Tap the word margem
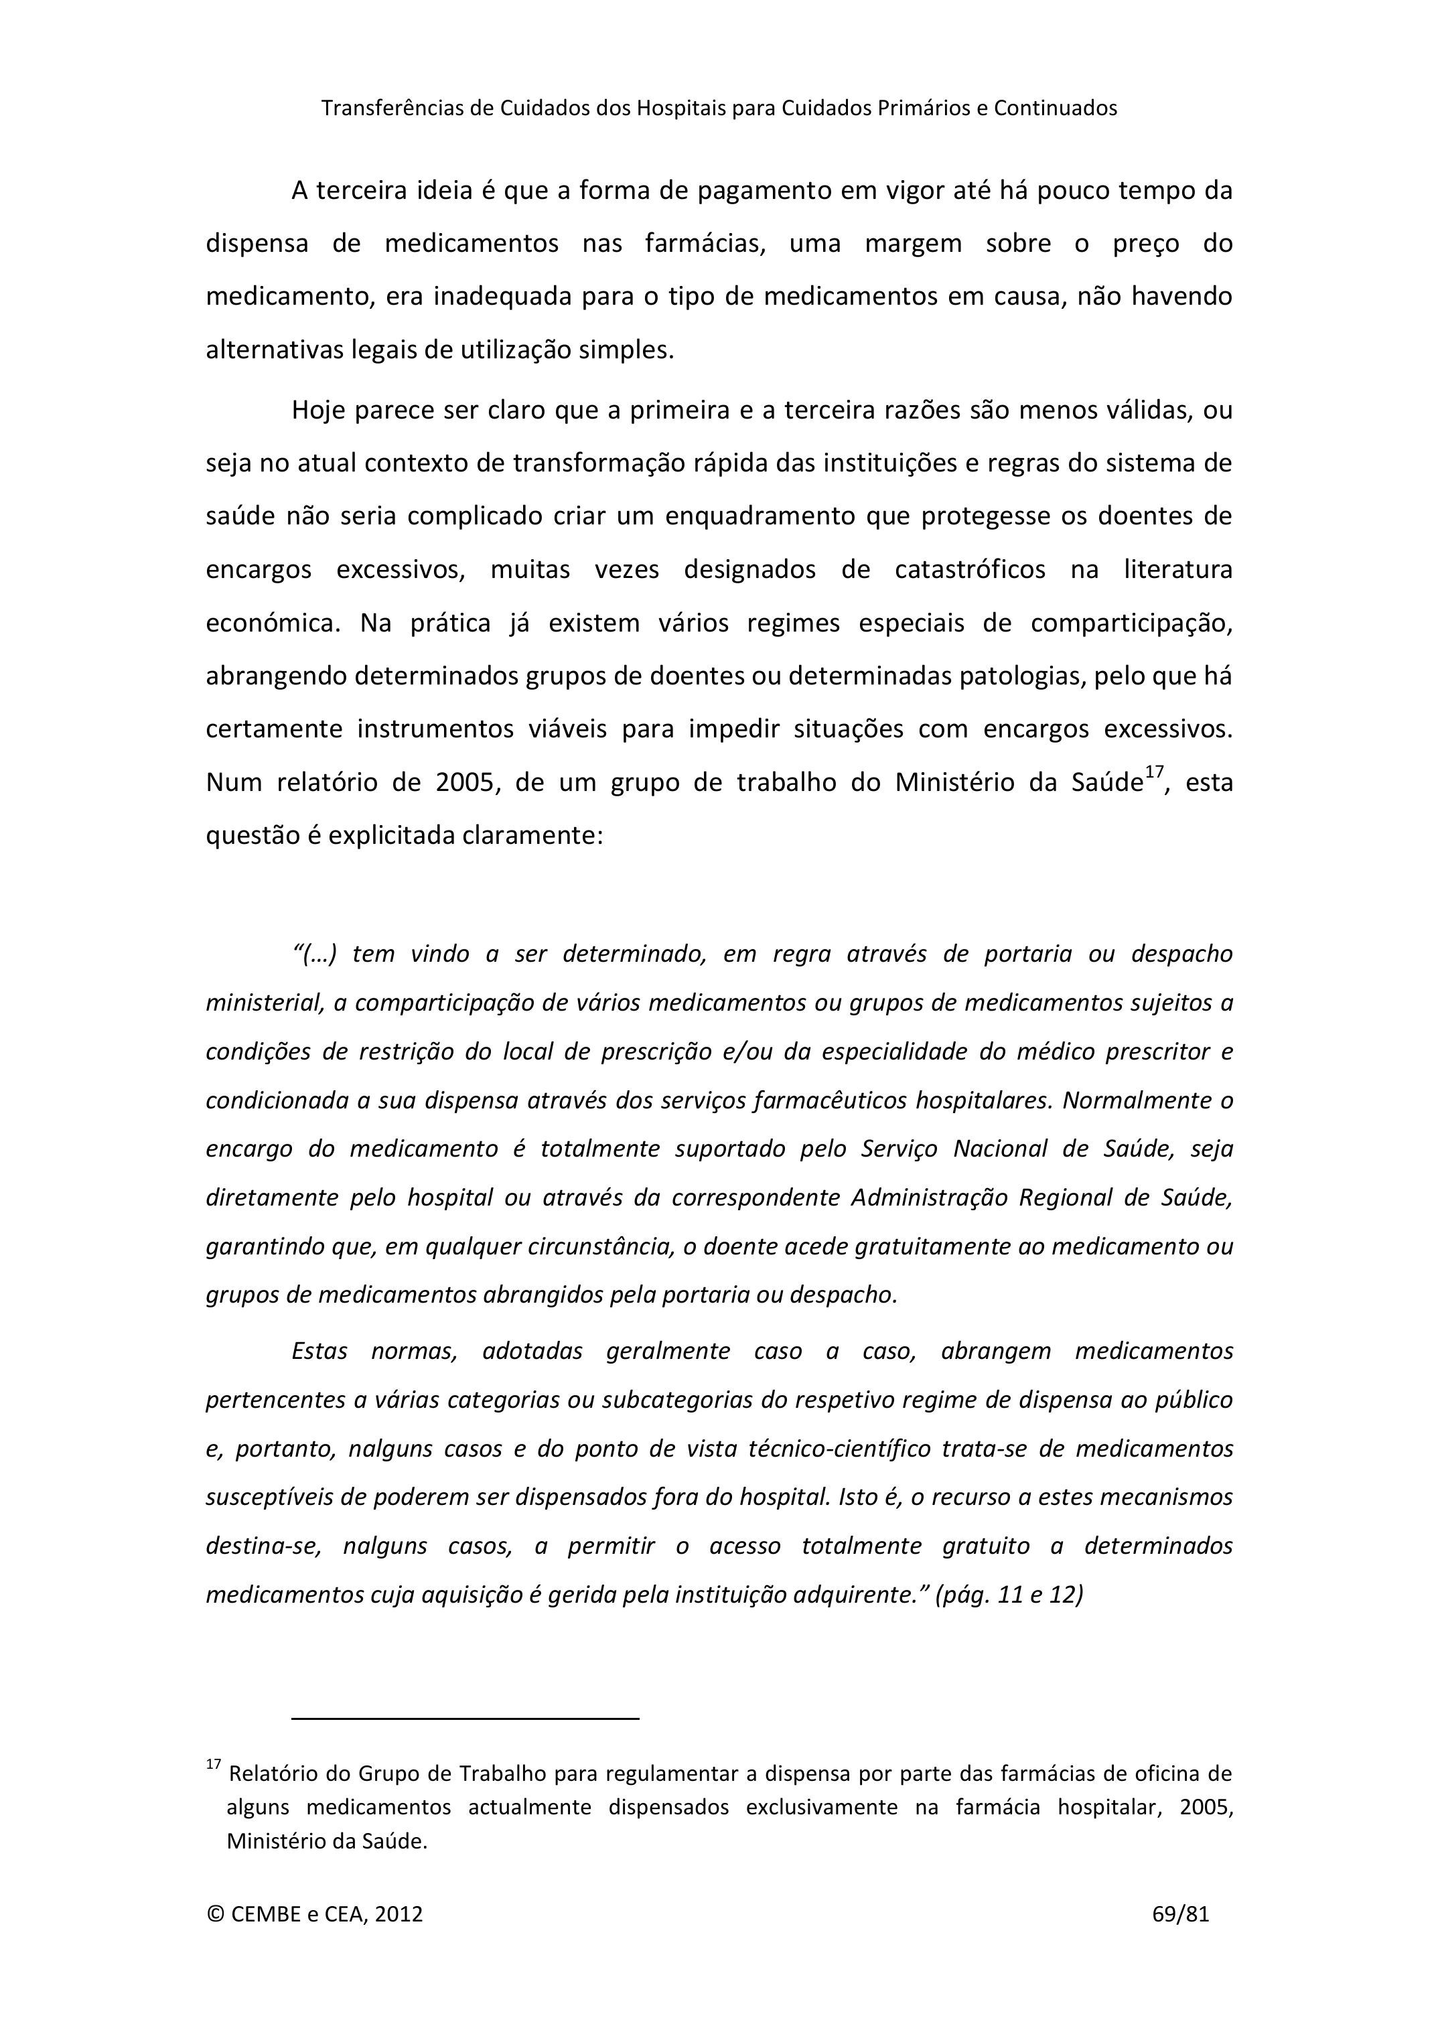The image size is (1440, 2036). coord(914,244)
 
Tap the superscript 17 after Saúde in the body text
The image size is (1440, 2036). coord(1153,772)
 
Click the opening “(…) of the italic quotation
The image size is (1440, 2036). coord(315,954)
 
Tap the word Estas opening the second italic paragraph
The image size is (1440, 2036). coord(319,1352)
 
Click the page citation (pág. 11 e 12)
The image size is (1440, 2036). coord(1009,1595)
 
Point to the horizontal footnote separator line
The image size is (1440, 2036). coord(465,1719)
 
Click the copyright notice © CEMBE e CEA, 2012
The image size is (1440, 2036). coord(315,1913)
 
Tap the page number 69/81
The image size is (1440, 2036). coord(1180,1913)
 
